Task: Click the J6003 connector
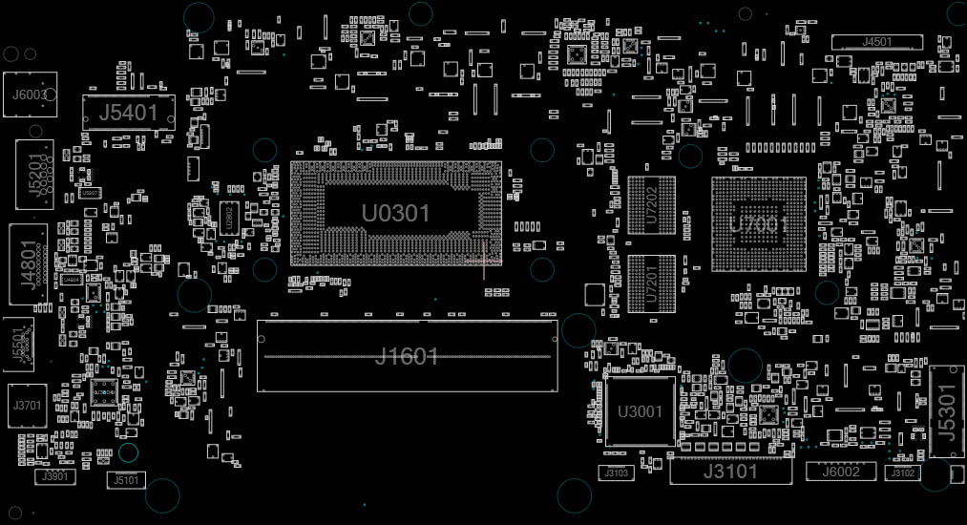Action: click(x=30, y=94)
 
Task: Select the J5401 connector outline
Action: click(x=129, y=113)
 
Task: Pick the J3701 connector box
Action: click(x=28, y=406)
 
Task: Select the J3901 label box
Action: click(x=57, y=475)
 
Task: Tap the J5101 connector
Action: click(x=126, y=480)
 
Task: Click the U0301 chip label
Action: click(x=395, y=213)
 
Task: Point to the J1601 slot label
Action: click(x=407, y=357)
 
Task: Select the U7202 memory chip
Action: click(x=652, y=204)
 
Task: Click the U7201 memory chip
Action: click(x=652, y=283)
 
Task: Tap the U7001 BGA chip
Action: click(x=759, y=225)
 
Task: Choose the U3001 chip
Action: click(x=640, y=411)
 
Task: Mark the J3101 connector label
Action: click(x=730, y=472)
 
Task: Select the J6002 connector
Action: click(x=841, y=472)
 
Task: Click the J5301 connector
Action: click(x=945, y=411)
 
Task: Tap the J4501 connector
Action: click(x=877, y=42)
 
